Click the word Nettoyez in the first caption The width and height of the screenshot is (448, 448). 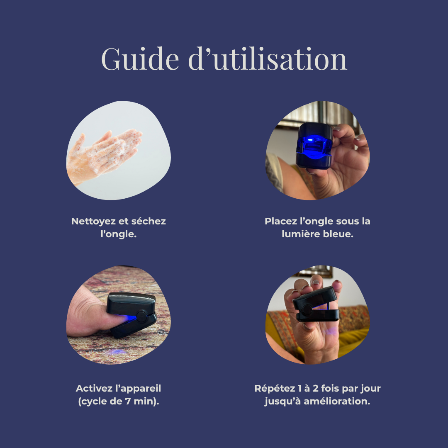[93, 222]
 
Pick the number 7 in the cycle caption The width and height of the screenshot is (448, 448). [128, 401]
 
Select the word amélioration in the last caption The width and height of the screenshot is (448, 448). [337, 401]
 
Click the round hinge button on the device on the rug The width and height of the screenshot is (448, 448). [141, 317]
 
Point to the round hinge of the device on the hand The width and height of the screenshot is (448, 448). [307, 310]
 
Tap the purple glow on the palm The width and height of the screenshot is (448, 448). [331, 331]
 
